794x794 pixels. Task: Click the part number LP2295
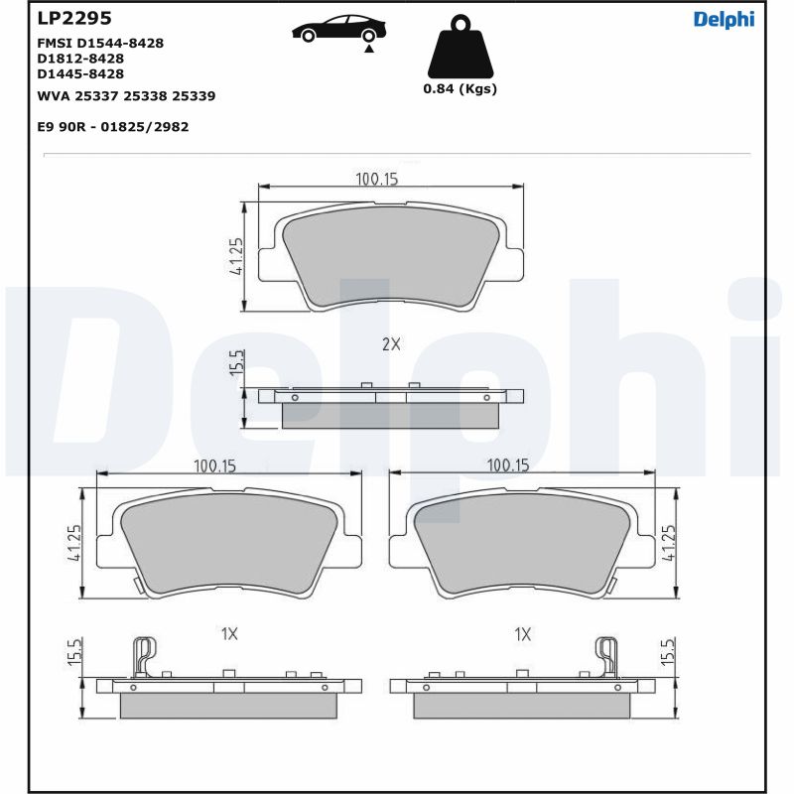point(73,19)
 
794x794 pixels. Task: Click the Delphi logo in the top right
point(724,20)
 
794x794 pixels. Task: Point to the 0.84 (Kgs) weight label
point(460,88)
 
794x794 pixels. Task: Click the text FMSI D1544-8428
point(100,44)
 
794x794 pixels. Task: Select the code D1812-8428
point(80,59)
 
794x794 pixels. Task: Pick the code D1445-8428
point(80,73)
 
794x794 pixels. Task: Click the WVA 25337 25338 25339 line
point(126,96)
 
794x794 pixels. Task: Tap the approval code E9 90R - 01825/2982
point(112,127)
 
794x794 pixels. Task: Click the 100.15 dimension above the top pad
point(376,179)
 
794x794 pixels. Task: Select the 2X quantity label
point(391,344)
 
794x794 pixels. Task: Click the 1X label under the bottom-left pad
point(229,633)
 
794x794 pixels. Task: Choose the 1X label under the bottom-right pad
point(523,633)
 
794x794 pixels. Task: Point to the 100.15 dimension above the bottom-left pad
point(214,465)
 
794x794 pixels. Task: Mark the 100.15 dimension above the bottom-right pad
point(507,465)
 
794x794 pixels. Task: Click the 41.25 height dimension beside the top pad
point(237,256)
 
